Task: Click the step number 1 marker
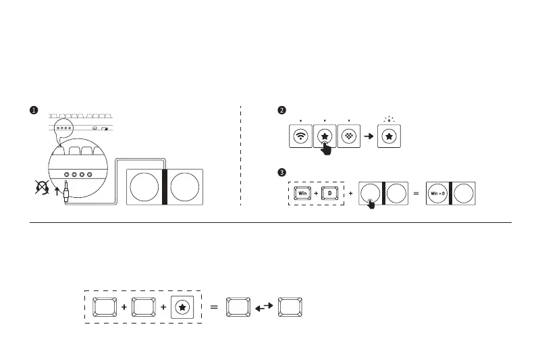pos(33,110)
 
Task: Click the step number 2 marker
pos(282,110)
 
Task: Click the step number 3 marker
pos(282,170)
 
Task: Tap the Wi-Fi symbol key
pos(300,136)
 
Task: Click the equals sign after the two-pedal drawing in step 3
pos(416,193)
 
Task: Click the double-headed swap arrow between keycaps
pos(264,307)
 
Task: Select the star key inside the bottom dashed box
pos(184,307)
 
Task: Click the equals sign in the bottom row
pos(213,307)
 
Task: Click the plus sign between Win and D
pos(316,193)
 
